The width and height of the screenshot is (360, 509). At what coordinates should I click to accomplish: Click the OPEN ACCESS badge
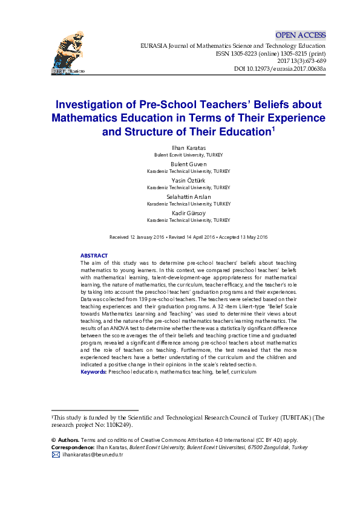point(300,35)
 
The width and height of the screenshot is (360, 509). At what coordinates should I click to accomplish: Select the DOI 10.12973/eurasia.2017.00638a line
point(280,69)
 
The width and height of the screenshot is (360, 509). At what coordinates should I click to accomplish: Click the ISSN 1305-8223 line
point(270,53)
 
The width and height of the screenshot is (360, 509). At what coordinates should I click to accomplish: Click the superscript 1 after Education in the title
point(273,128)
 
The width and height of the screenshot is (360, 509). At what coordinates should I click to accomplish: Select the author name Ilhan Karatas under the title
point(188,148)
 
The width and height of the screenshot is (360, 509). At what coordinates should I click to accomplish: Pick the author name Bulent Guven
point(188,164)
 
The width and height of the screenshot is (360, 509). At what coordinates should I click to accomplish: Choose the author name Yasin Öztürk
point(188,180)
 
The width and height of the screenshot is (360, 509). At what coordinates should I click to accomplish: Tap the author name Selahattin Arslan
point(188,196)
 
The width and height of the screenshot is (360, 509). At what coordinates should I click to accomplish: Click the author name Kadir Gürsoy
point(188,213)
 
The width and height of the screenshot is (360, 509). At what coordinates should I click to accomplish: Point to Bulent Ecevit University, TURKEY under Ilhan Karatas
point(188,155)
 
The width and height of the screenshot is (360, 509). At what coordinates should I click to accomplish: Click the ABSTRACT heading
point(94,256)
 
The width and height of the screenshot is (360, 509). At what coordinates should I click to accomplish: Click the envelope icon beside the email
point(56,455)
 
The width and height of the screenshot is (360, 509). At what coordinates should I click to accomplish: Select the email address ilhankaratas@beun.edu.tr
point(93,455)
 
